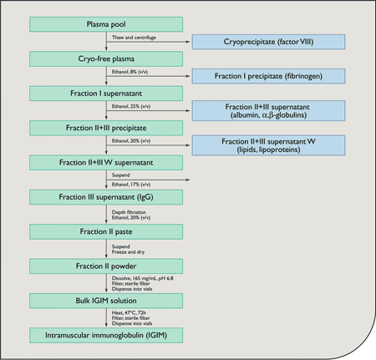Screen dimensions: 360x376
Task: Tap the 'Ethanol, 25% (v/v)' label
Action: [x=132, y=107]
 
